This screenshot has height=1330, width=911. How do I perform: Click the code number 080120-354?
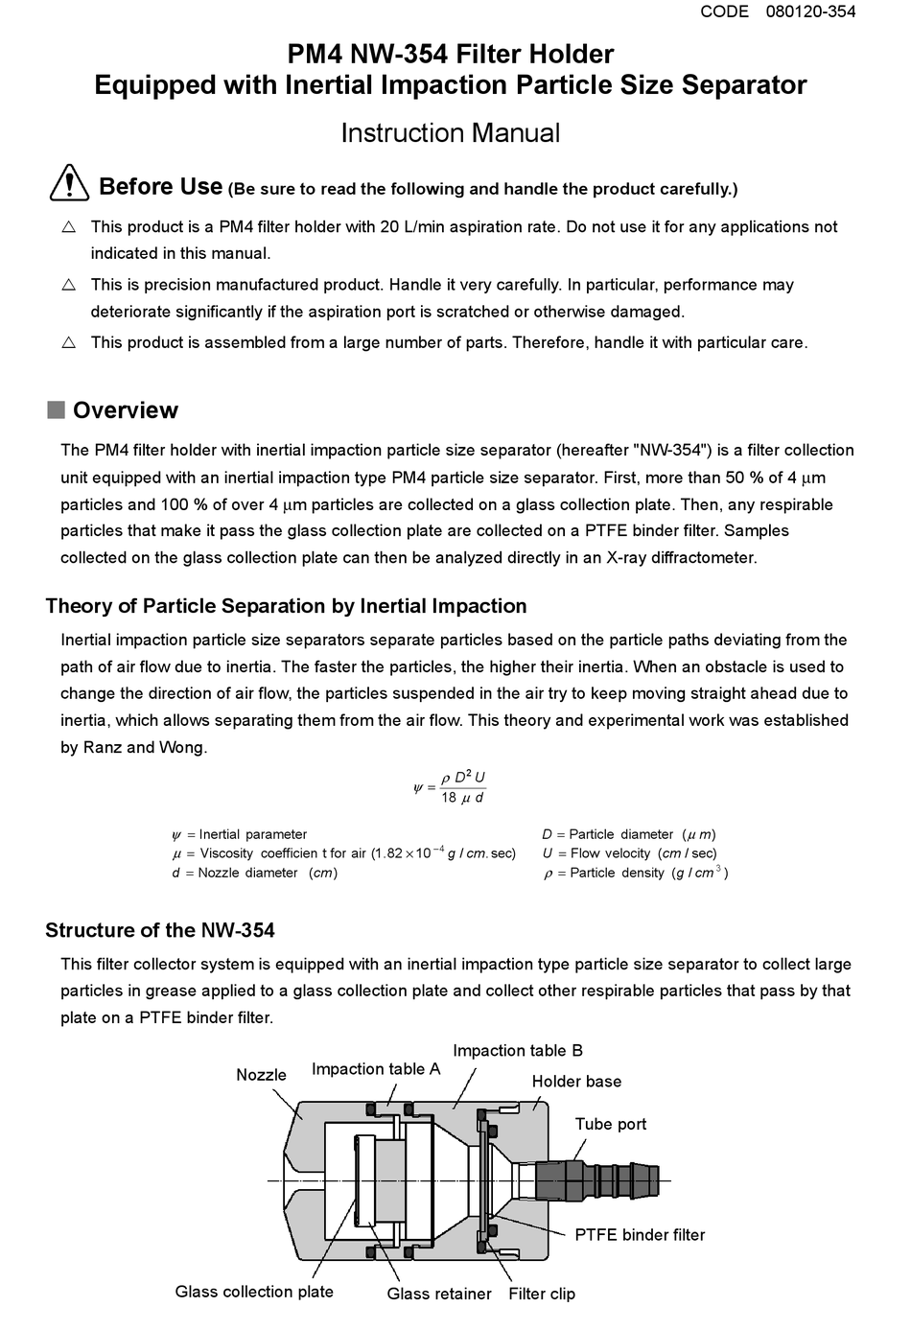click(x=810, y=12)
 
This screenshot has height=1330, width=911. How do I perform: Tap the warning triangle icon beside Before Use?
click(x=70, y=182)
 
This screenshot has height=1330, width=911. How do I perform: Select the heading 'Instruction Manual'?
click(x=450, y=132)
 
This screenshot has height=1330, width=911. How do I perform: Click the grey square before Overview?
click(x=56, y=409)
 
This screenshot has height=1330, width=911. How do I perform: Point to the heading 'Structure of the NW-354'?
click(x=160, y=930)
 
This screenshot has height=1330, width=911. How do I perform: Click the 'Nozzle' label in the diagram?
click(x=261, y=1075)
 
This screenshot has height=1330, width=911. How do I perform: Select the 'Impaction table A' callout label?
click(x=376, y=1069)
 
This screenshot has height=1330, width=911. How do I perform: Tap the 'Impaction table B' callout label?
click(x=518, y=1051)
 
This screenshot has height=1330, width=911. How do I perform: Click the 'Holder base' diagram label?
click(x=576, y=1082)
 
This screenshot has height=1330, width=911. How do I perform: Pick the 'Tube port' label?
click(x=611, y=1124)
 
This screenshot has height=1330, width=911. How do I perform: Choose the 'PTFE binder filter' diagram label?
click(x=640, y=1235)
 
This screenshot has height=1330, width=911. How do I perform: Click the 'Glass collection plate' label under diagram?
click(x=254, y=1292)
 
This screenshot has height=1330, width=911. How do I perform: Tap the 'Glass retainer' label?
click(x=439, y=1294)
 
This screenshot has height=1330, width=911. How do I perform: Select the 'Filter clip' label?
click(x=542, y=1294)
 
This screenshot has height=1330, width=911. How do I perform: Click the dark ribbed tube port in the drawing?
click(x=595, y=1179)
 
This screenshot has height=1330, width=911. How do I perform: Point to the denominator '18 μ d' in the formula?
click(x=462, y=798)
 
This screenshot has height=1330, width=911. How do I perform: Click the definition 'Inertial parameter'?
click(x=252, y=834)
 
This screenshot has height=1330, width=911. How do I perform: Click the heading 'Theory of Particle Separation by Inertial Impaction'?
click(x=286, y=606)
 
